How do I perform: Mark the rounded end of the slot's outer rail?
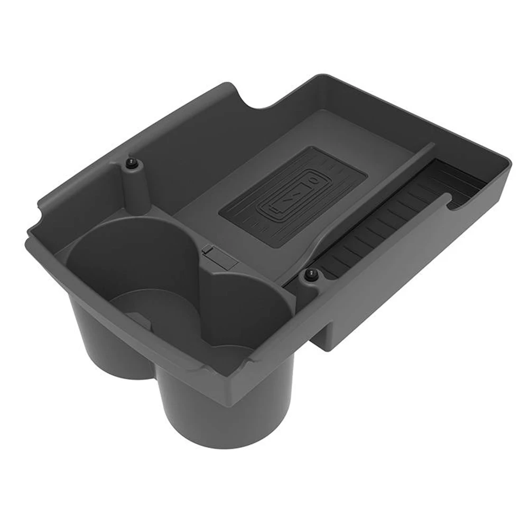click(448, 199)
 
